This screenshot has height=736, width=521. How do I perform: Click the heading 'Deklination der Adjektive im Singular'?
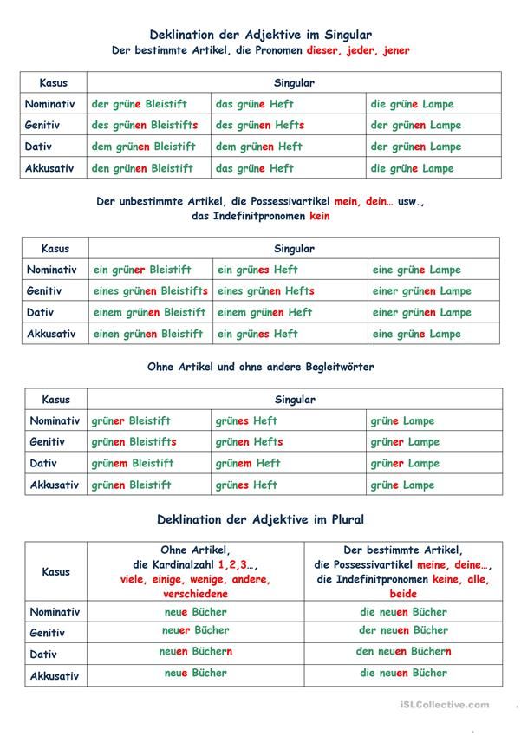tap(261, 35)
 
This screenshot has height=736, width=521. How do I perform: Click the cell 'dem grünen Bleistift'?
tap(144, 147)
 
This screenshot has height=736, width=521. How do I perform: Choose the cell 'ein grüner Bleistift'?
tap(142, 270)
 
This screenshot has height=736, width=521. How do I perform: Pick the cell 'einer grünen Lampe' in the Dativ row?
tap(422, 313)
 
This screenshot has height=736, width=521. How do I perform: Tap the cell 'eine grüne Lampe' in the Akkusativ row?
tap(417, 334)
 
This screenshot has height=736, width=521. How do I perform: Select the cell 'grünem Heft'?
tap(248, 464)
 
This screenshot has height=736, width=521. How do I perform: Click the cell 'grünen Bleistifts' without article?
tap(134, 442)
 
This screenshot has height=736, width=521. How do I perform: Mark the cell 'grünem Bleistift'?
tap(133, 464)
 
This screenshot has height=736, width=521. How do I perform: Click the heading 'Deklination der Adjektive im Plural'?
tap(261, 520)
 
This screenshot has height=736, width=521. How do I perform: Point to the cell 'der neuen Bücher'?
tap(403, 630)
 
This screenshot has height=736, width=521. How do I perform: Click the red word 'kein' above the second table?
tap(319, 216)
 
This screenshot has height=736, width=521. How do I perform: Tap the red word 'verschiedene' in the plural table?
tap(195, 595)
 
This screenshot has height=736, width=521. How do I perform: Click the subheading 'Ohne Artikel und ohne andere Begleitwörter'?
tap(261, 368)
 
